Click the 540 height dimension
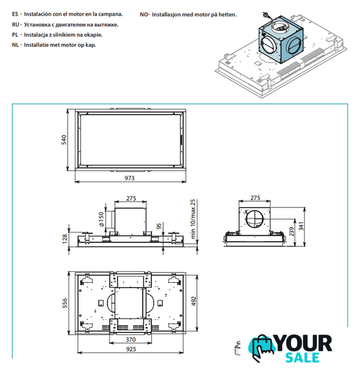tap(65, 140)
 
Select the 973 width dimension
tap(131, 178)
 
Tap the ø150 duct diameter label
tap(101, 218)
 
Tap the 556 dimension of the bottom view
tap(65, 303)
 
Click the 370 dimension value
tap(131, 340)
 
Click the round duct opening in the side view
tap(255, 220)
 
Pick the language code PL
tap(15, 34)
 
